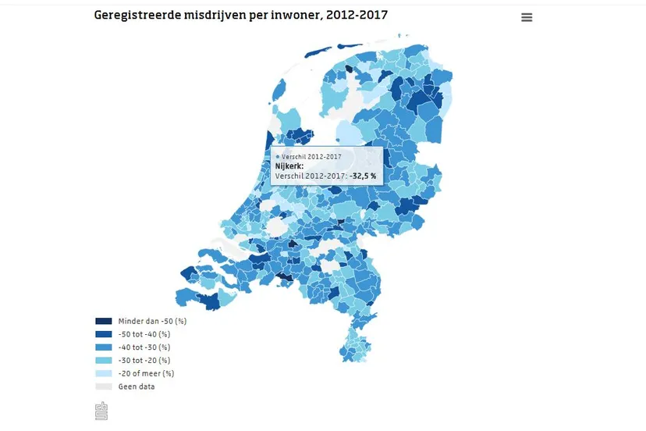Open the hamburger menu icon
click(x=527, y=17)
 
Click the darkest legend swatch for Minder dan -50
click(x=103, y=321)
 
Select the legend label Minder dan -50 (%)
click(x=152, y=321)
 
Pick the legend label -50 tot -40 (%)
click(x=144, y=334)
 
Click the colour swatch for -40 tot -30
click(x=103, y=347)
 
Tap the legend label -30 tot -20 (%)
click(x=144, y=361)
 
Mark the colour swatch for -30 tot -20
click(x=103, y=361)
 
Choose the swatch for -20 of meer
click(x=103, y=373)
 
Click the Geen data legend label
click(x=136, y=386)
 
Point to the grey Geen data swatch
click(x=103, y=386)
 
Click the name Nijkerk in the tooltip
click(x=289, y=166)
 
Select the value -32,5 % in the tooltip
click(x=362, y=176)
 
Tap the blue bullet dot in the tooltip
click(x=277, y=157)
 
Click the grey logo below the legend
click(x=101, y=411)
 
